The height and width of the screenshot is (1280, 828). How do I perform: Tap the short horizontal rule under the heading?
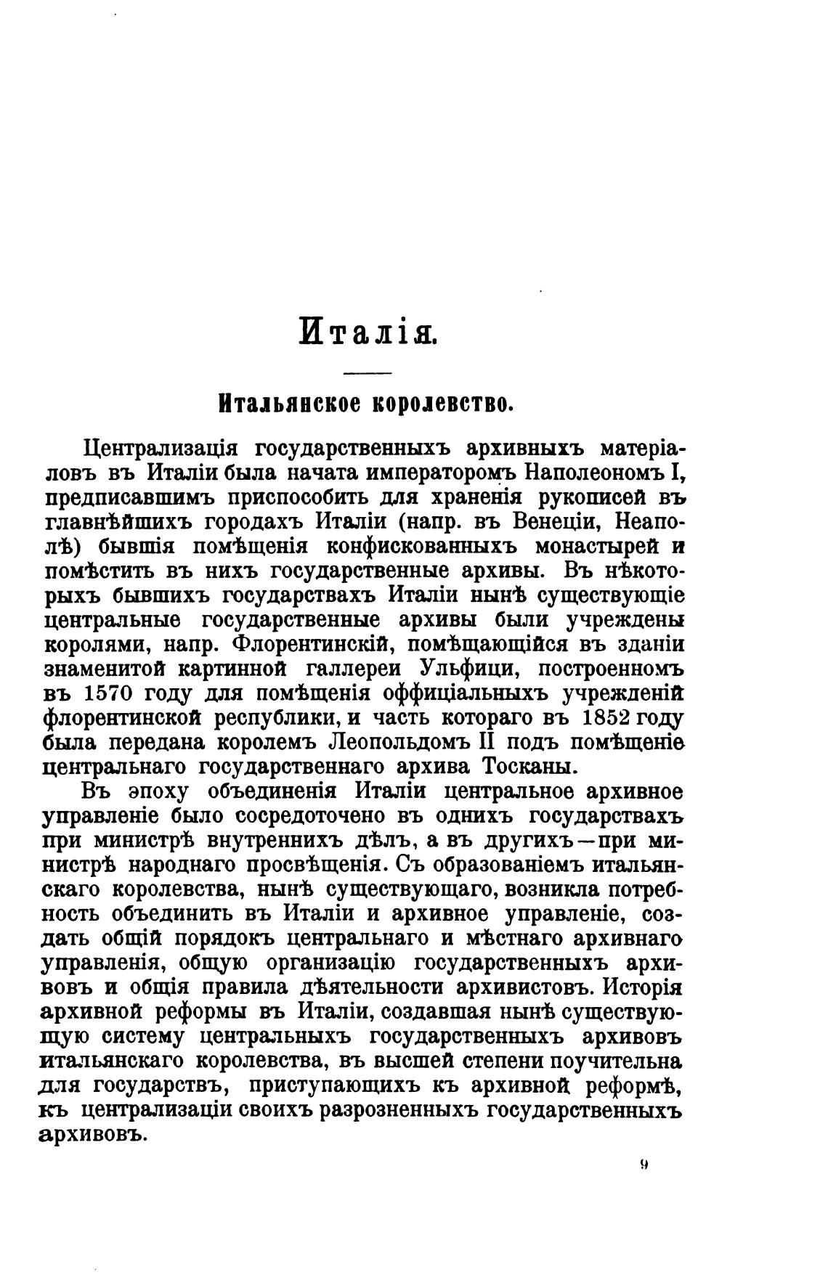[367, 374]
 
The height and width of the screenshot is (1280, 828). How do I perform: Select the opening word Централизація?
[158, 448]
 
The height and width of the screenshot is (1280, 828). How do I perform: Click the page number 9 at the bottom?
[644, 1165]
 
